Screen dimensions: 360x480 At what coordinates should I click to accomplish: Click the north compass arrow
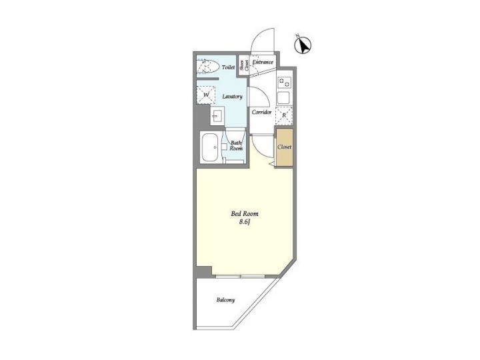click(x=305, y=45)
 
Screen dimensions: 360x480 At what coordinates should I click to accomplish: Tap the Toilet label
click(x=228, y=68)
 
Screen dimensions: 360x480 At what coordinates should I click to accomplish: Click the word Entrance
click(x=263, y=63)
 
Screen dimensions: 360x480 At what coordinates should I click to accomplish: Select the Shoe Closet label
click(x=246, y=65)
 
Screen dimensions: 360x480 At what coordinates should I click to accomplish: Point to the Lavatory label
click(x=232, y=97)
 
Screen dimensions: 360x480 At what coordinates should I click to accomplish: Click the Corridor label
click(x=261, y=112)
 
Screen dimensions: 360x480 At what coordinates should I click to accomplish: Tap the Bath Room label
click(x=236, y=145)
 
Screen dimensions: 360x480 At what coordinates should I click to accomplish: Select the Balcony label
click(x=225, y=300)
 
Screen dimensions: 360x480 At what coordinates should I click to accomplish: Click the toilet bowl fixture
click(x=208, y=67)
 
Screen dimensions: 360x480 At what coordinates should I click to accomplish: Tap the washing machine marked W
click(x=207, y=95)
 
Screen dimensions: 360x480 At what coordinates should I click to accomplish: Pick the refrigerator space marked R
click(x=284, y=114)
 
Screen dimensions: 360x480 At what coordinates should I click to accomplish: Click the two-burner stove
click(x=283, y=83)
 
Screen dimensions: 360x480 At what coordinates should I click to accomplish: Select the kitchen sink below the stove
click(x=283, y=97)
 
